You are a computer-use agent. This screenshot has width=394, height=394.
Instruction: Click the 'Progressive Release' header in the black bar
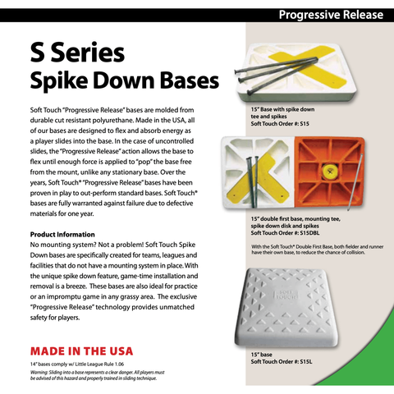coord(332,14)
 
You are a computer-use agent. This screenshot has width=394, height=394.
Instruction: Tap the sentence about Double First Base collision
coord(312,252)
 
